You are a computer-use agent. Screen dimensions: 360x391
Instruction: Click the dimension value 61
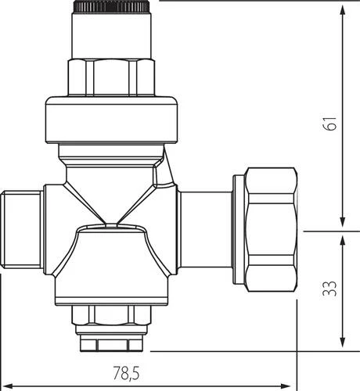click(329, 124)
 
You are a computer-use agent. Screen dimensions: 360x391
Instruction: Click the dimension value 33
click(329, 289)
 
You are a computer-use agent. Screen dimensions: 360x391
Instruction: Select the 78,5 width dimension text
click(126, 373)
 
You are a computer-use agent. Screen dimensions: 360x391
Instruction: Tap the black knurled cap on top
click(111, 7)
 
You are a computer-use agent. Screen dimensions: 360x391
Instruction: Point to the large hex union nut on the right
click(272, 229)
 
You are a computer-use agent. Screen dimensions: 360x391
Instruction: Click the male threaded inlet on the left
click(22, 230)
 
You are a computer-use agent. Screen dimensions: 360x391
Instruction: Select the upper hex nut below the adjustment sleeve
click(111, 77)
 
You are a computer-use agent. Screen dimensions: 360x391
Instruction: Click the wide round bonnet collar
click(111, 120)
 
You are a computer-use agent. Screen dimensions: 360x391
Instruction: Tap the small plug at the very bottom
click(111, 343)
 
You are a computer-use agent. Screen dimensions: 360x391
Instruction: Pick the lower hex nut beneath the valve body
click(111, 315)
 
